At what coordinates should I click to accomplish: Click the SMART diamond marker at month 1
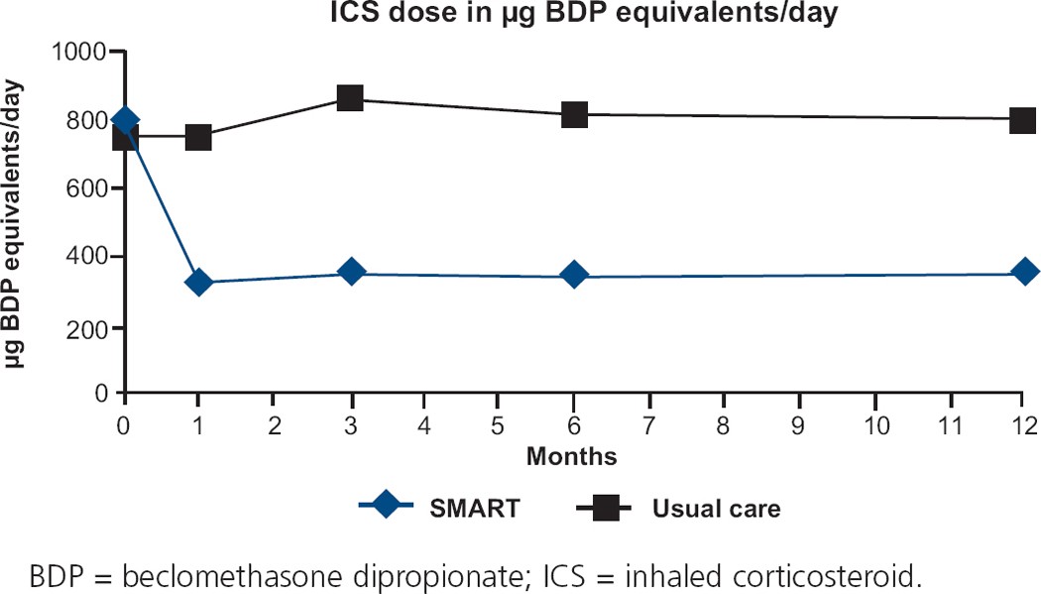pyautogui.click(x=199, y=283)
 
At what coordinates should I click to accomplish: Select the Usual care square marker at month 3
pyautogui.click(x=349, y=98)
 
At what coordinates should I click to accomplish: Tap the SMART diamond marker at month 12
pyautogui.click(x=1026, y=272)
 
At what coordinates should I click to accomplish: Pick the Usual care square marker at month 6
pyautogui.click(x=574, y=114)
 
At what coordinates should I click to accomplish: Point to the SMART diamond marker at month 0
pyautogui.click(x=125, y=121)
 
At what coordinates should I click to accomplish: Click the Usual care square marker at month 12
pyautogui.click(x=1025, y=120)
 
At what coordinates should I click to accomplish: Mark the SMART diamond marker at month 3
pyautogui.click(x=350, y=273)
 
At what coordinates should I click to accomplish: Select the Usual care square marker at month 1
pyautogui.click(x=199, y=137)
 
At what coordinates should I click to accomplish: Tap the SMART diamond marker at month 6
pyautogui.click(x=574, y=275)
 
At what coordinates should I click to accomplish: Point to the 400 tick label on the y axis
pyautogui.click(x=90, y=258)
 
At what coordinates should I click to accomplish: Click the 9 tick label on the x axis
pyautogui.click(x=800, y=424)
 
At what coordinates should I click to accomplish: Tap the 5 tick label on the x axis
pyautogui.click(x=500, y=424)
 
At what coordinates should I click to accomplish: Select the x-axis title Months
pyautogui.click(x=571, y=457)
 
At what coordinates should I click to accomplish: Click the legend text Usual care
pyautogui.click(x=716, y=510)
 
